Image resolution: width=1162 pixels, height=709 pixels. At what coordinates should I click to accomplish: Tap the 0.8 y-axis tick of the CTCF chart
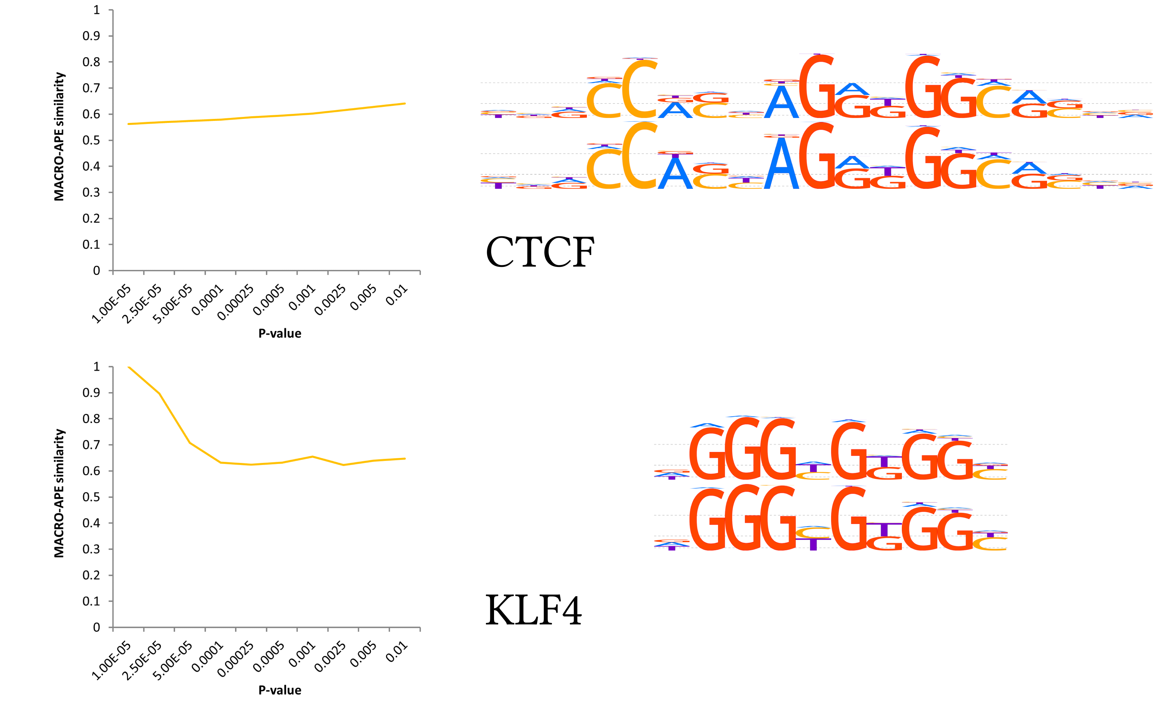point(91,62)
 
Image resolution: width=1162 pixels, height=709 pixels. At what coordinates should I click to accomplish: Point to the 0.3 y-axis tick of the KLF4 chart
point(91,549)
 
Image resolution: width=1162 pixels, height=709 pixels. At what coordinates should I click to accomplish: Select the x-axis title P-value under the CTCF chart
point(280,334)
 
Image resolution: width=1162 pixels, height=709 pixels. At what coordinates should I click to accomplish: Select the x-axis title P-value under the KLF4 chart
point(280,690)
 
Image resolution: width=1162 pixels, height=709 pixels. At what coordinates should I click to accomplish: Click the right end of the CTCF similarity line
point(405,103)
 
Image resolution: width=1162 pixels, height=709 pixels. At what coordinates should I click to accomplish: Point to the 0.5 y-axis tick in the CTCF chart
point(91,140)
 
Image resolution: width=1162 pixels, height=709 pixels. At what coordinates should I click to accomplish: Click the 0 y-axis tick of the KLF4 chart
point(97,627)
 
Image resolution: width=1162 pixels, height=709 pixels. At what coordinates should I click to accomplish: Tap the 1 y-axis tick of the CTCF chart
point(97,10)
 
